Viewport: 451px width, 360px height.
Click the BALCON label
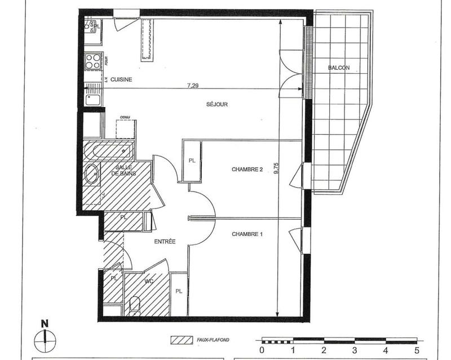(x=338, y=68)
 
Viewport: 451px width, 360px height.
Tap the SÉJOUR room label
(x=216, y=104)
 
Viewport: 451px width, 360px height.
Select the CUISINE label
(x=121, y=79)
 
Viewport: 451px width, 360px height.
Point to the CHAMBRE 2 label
(x=247, y=169)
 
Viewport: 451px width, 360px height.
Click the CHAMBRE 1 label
(x=247, y=234)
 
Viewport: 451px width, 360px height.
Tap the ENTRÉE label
(x=165, y=241)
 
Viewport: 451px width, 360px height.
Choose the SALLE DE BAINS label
(x=123, y=171)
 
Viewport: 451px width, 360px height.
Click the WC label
(x=149, y=281)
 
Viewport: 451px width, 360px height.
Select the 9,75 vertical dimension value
(x=276, y=169)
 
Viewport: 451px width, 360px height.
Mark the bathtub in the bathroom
(x=108, y=151)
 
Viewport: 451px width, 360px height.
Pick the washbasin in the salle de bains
(x=92, y=174)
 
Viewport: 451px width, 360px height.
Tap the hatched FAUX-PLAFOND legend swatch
(x=180, y=340)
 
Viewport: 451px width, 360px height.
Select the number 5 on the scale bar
(x=416, y=350)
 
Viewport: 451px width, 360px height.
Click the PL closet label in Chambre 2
(x=192, y=161)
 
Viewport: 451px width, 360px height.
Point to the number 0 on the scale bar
(x=262, y=350)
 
